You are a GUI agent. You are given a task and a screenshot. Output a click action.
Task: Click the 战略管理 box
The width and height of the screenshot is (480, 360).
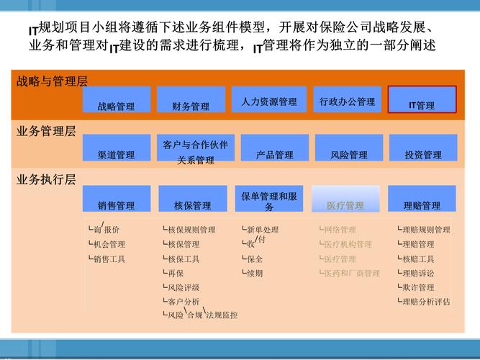coord(117,99)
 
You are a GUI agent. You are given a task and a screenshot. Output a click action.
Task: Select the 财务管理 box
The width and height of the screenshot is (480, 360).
coord(191,99)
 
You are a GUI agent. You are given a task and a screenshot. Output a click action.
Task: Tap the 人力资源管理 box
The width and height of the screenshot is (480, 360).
coord(269,99)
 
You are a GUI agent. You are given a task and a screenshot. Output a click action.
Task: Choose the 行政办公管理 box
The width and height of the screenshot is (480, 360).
coord(348,99)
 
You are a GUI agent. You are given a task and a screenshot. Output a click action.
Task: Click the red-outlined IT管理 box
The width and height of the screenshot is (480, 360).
coord(422,99)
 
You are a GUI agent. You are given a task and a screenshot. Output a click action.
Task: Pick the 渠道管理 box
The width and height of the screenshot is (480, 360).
coord(117,148)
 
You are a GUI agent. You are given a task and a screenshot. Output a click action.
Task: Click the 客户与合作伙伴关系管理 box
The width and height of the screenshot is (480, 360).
coord(195,148)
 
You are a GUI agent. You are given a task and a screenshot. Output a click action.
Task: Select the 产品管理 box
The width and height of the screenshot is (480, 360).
coord(274,148)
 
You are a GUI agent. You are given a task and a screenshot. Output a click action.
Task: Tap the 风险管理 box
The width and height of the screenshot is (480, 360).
coord(349,148)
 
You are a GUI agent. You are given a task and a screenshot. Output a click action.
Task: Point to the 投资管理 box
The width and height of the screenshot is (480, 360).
coord(422,148)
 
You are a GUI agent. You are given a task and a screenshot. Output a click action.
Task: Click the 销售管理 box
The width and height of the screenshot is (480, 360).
coord(117,199)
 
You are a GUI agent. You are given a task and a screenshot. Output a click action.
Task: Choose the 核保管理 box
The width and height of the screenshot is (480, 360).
coord(192,199)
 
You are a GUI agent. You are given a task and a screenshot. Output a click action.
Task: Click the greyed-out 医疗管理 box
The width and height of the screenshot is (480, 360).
coord(345,199)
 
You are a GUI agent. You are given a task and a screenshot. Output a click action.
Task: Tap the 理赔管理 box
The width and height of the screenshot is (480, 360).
coord(422,199)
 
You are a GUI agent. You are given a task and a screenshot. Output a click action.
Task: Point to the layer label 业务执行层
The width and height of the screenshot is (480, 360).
coord(46,179)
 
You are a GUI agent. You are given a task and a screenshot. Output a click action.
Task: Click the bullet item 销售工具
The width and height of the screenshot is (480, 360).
coord(109,258)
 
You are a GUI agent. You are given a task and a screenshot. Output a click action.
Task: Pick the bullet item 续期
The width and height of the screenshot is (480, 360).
coord(255,273)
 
